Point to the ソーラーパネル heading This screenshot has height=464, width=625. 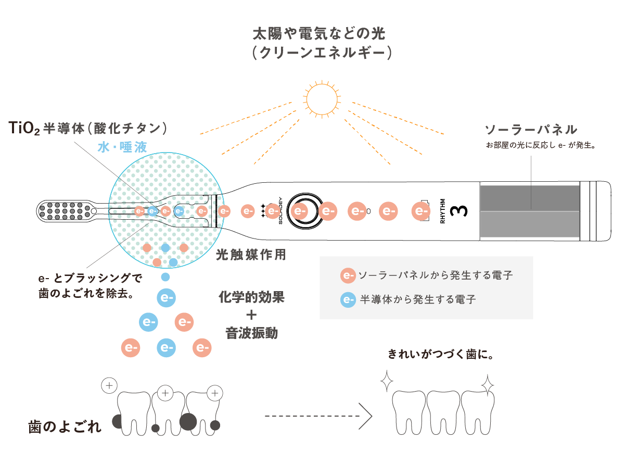(x=530, y=130)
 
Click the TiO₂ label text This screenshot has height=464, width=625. (x=23, y=128)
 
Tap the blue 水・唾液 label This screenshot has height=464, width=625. (x=122, y=147)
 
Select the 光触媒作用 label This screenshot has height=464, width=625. (x=251, y=255)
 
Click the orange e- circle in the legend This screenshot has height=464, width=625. (x=348, y=275)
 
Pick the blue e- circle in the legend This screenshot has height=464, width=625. (x=348, y=299)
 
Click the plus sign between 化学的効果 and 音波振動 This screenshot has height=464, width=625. (x=251, y=315)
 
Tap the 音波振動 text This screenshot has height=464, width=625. (x=251, y=333)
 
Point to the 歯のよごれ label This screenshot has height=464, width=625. (x=65, y=428)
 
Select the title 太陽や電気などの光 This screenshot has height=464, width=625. (x=318, y=34)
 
